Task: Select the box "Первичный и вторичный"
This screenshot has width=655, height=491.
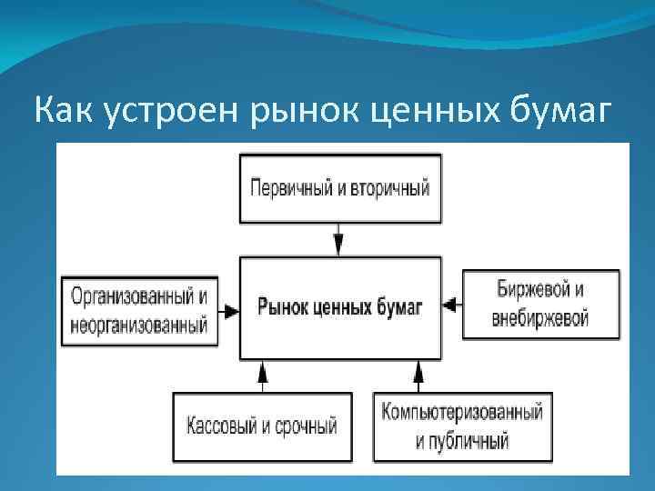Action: (x=339, y=188)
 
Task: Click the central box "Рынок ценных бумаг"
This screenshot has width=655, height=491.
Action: (x=339, y=306)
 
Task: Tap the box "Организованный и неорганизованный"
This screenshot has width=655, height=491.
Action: (x=139, y=309)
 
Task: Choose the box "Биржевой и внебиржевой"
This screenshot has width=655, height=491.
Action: (x=541, y=305)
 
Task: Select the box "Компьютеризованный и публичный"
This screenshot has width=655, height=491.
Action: (x=462, y=426)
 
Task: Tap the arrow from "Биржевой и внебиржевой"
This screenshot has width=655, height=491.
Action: (x=452, y=303)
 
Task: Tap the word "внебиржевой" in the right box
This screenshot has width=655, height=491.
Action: (x=541, y=318)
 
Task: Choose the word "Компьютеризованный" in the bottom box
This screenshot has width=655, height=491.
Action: (x=462, y=412)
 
